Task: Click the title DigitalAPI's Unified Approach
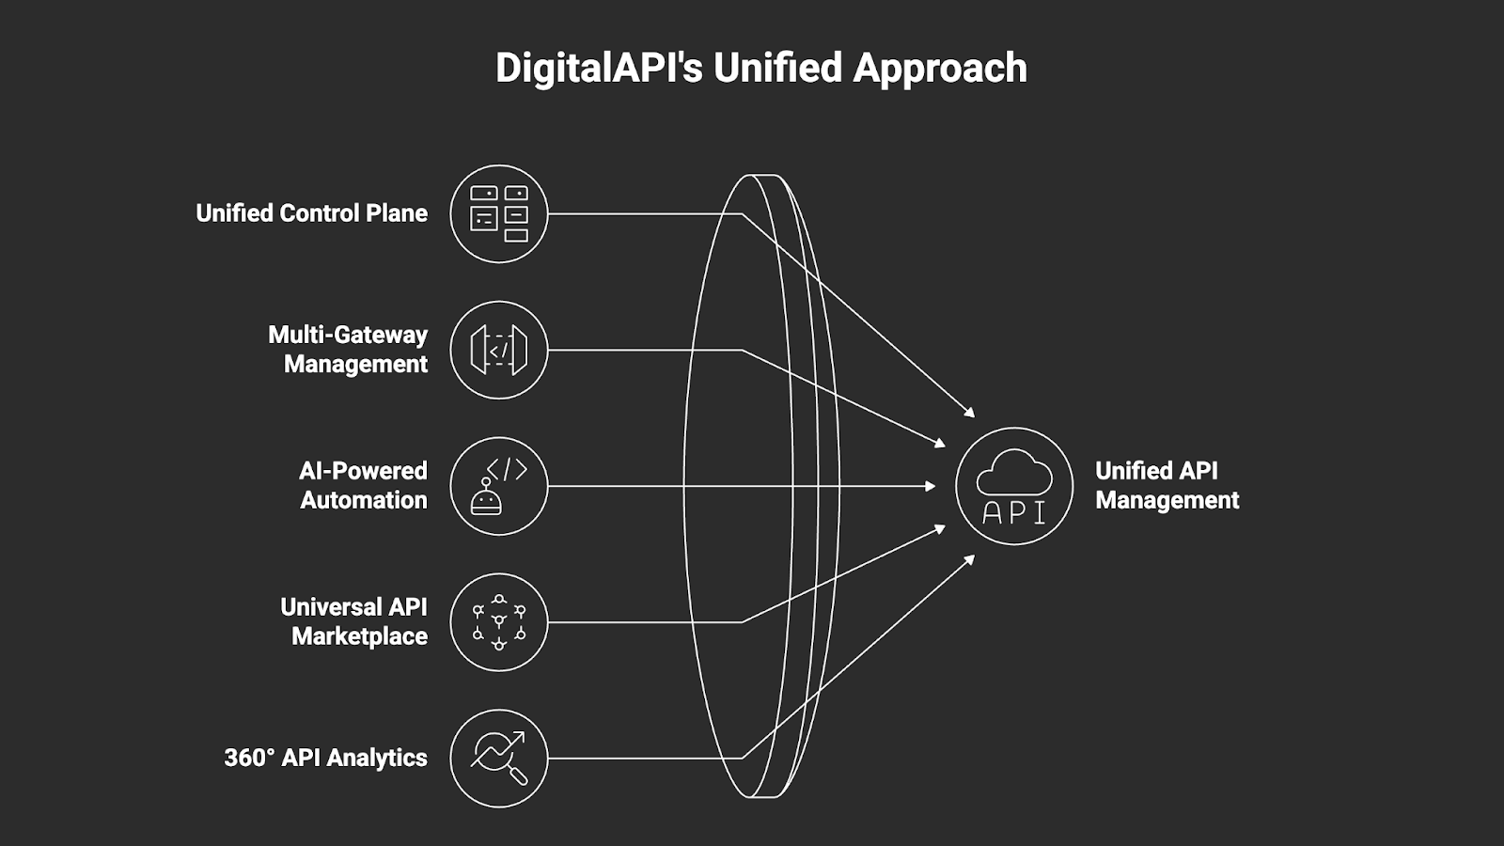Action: tap(760, 68)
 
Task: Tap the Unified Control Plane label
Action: tap(311, 213)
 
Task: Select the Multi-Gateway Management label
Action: tap(348, 349)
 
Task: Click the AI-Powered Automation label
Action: tap(363, 485)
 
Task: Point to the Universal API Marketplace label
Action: tap(354, 621)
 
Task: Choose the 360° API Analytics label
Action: tap(325, 758)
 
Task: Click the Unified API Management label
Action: tap(1167, 485)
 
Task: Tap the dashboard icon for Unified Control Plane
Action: tap(498, 213)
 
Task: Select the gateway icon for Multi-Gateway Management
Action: tap(498, 350)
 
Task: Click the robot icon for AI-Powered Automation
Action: tap(498, 486)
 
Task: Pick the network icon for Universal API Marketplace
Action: tap(498, 622)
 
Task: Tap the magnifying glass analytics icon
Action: tap(498, 758)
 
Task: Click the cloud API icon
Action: tap(1013, 486)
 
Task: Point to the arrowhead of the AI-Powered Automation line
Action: tap(931, 486)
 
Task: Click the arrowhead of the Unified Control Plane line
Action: tap(970, 412)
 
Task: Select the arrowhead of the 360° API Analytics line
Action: tap(970, 559)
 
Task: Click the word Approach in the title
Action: tap(940, 68)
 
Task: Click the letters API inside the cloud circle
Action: tap(1013, 512)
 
